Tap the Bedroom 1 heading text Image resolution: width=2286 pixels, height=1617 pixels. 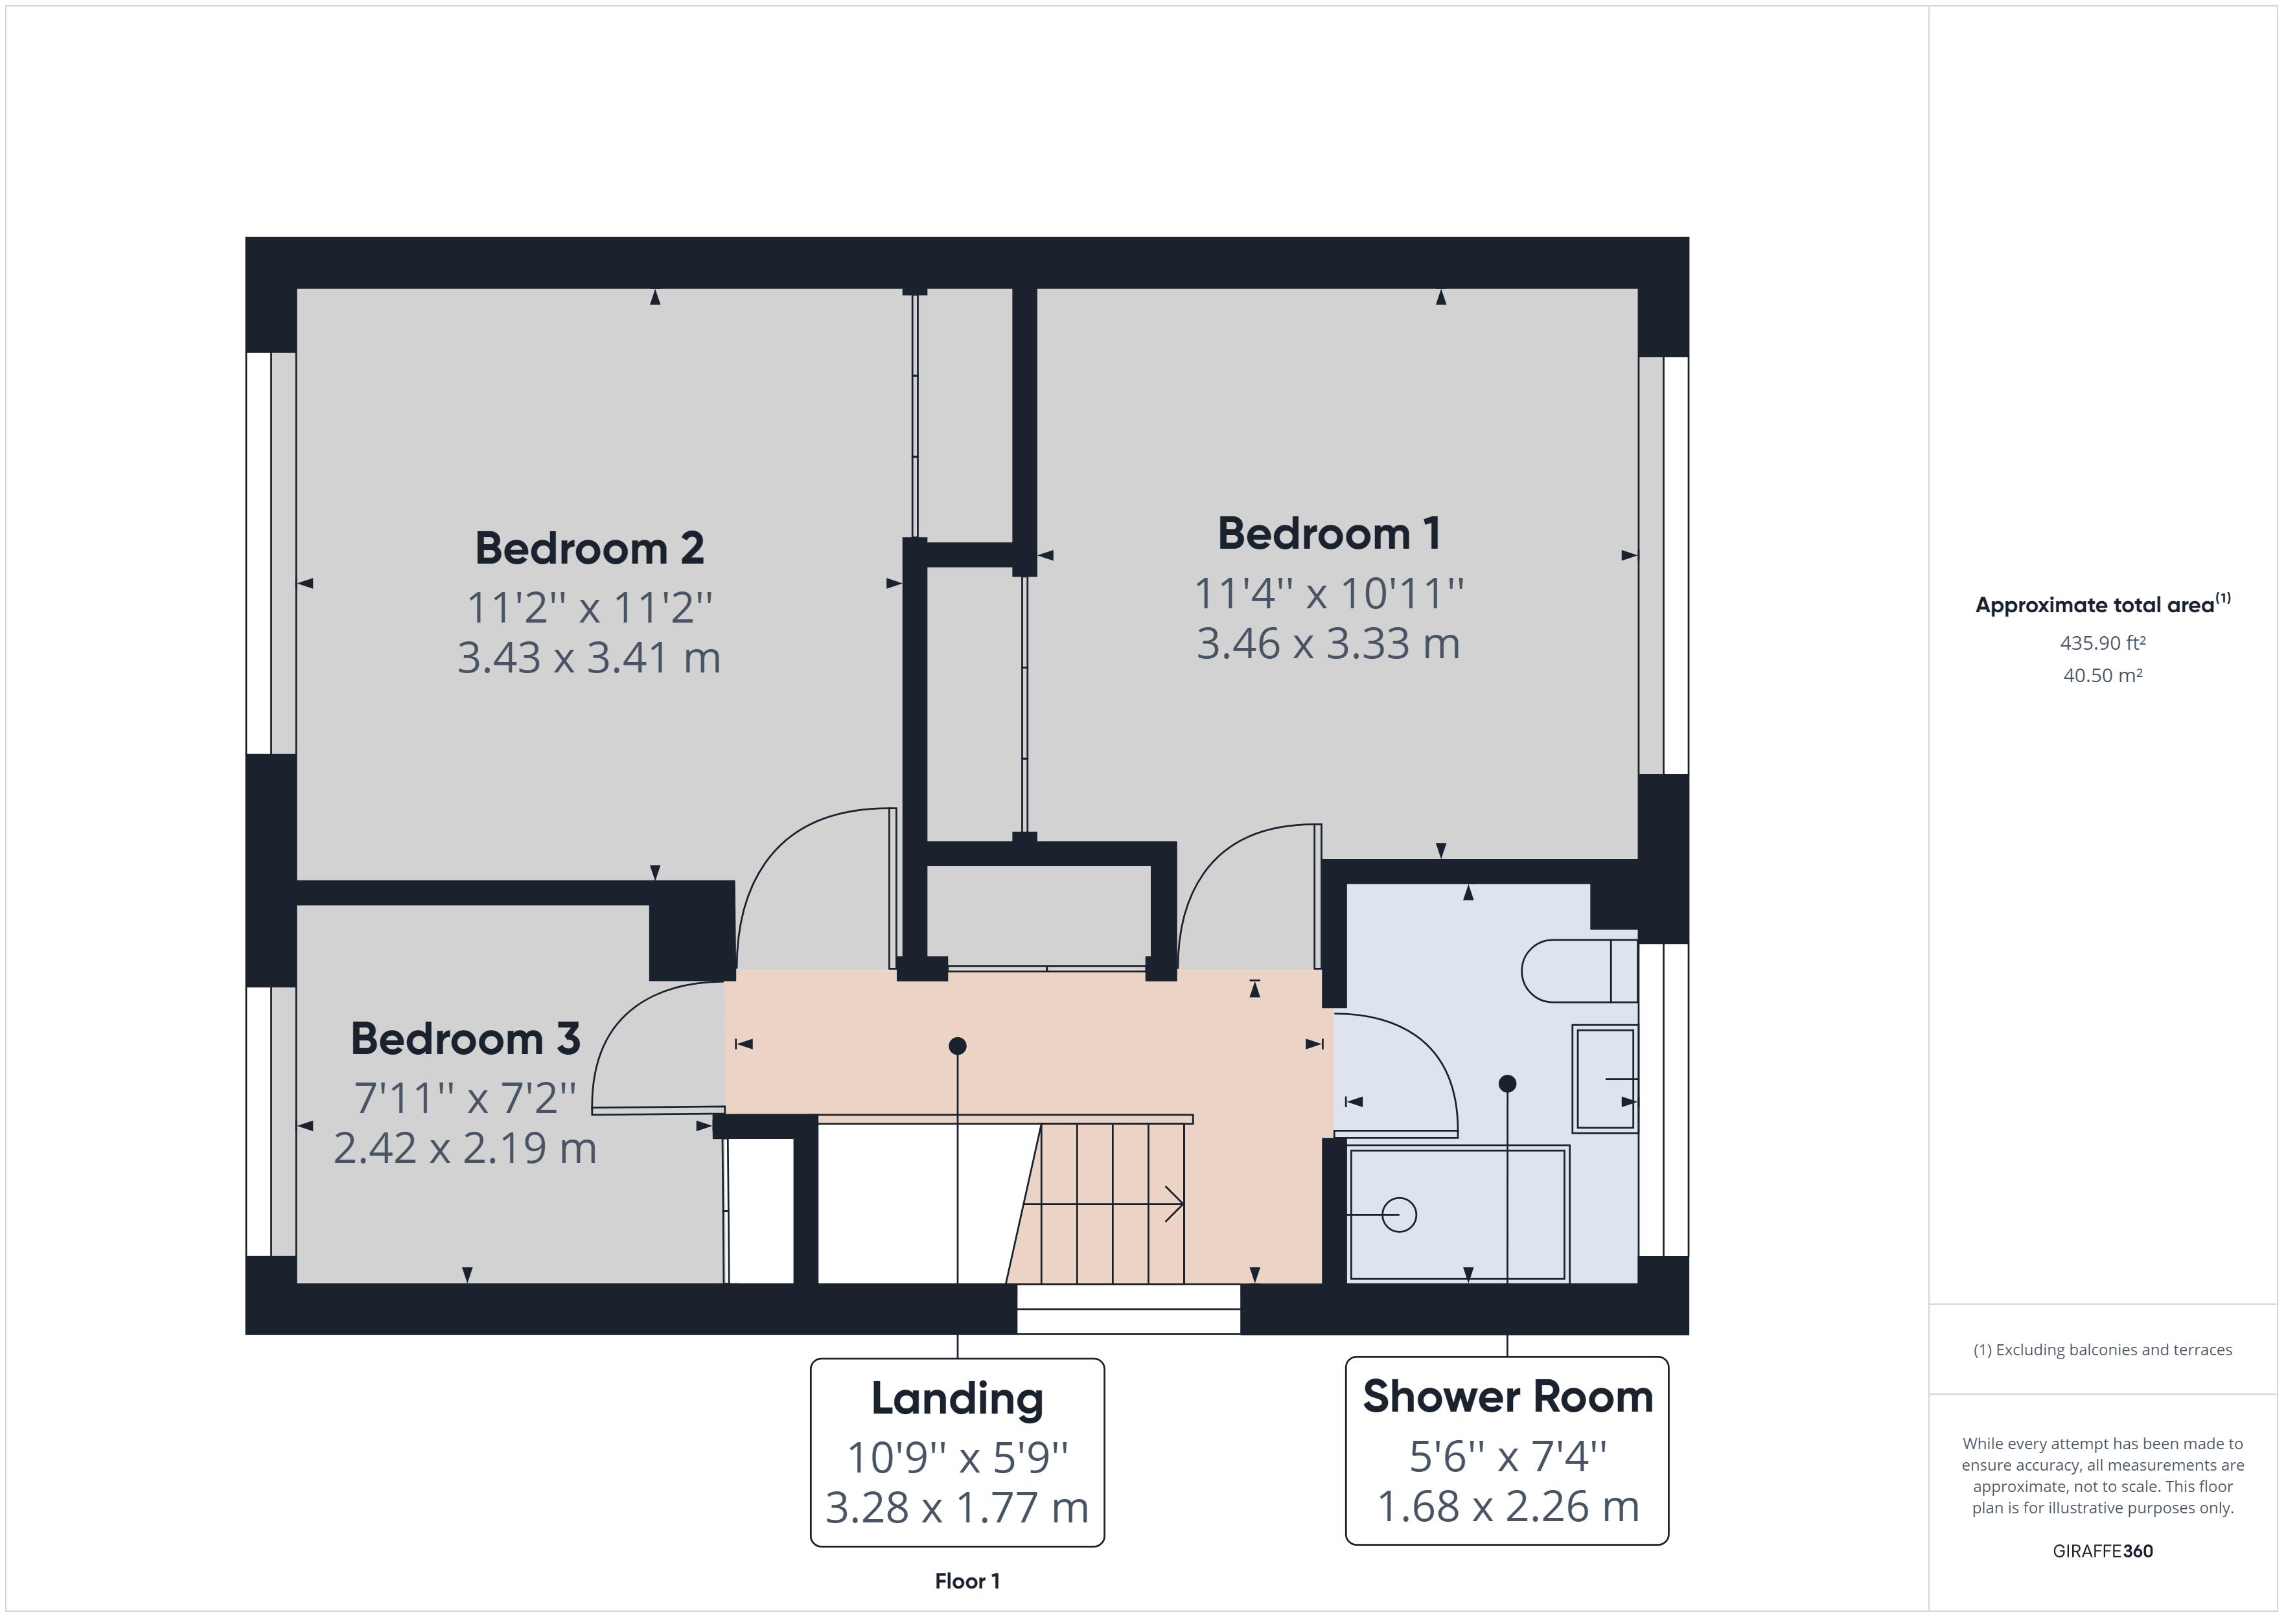[1328, 534]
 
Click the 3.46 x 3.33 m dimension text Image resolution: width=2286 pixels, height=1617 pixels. [1328, 643]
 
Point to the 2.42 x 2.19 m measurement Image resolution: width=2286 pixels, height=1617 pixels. [465, 1148]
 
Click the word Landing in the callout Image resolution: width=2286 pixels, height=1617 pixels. [957, 1399]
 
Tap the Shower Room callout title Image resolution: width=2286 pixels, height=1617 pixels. [1507, 1397]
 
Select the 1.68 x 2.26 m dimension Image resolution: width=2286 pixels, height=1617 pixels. [1507, 1506]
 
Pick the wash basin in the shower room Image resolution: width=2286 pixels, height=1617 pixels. [1604, 1079]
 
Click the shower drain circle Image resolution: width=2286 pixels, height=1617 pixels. [1399, 1215]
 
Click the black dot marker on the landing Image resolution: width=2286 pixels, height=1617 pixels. [957, 1046]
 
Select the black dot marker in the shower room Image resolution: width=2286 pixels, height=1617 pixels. [1507, 1083]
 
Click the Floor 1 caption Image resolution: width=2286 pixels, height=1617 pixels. [967, 1581]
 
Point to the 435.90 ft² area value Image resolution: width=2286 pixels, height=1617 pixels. [2102, 643]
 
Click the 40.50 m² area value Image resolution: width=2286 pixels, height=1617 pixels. [2102, 675]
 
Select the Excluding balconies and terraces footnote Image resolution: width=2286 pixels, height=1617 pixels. [2102, 1350]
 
